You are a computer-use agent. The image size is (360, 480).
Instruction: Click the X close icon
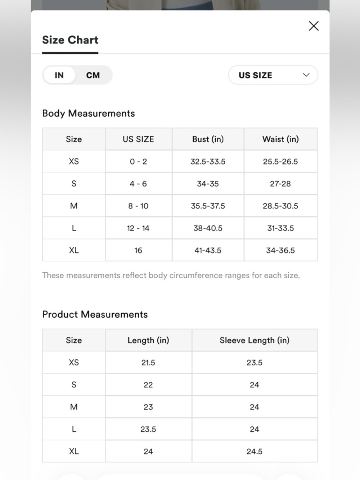coord(314,26)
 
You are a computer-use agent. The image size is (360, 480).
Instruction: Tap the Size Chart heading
coord(70,40)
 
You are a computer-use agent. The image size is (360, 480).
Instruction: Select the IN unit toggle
coord(59,75)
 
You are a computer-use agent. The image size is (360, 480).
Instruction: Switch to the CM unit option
coord(93,75)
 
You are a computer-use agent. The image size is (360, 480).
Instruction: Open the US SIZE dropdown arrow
coord(306,75)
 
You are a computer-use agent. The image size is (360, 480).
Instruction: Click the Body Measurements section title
coord(89,113)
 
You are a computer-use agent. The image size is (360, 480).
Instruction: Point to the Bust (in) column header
coord(208,139)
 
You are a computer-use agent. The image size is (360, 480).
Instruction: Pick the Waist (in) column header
coord(280,139)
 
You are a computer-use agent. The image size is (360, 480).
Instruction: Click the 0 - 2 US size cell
coord(138,162)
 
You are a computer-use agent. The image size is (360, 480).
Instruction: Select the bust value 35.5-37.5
coord(208,206)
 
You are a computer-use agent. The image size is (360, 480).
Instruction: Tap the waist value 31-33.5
coord(280,228)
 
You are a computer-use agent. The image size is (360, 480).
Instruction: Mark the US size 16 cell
coord(138,250)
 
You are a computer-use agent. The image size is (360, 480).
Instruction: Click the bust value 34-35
coord(208,184)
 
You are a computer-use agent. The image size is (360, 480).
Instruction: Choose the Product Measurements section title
coord(95,314)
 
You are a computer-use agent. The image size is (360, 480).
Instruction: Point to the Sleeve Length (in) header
coord(255,340)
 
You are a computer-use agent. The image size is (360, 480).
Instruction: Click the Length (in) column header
coord(148,340)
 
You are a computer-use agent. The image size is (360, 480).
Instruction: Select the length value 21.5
coord(148,363)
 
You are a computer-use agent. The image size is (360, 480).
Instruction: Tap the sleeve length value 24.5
coord(255,452)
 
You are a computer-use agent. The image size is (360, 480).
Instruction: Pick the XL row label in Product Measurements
coord(74,452)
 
